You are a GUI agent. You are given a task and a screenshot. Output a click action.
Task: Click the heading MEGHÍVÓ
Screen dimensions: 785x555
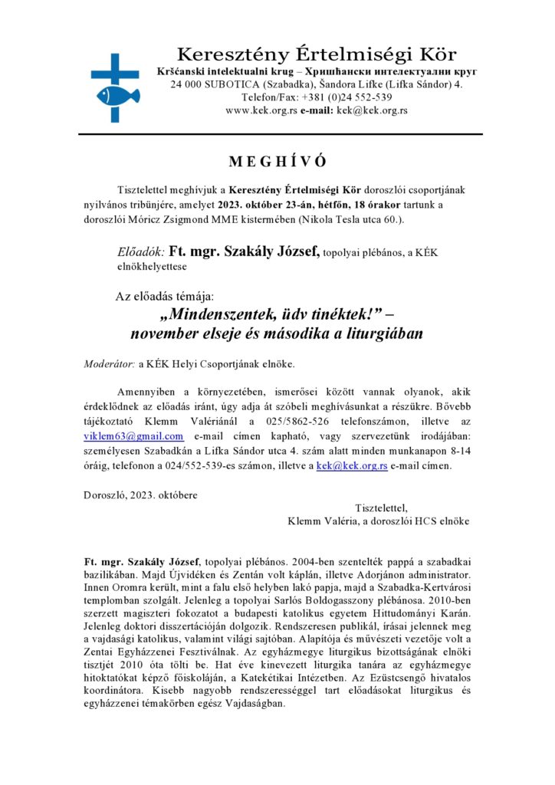click(x=277, y=162)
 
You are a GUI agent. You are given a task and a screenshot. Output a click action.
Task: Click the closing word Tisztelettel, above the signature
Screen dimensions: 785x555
click(x=382, y=507)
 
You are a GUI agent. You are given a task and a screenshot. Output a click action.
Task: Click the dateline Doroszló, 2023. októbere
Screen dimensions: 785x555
click(x=140, y=494)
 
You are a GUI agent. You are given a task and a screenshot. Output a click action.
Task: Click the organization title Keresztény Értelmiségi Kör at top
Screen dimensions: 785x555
click(x=316, y=54)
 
